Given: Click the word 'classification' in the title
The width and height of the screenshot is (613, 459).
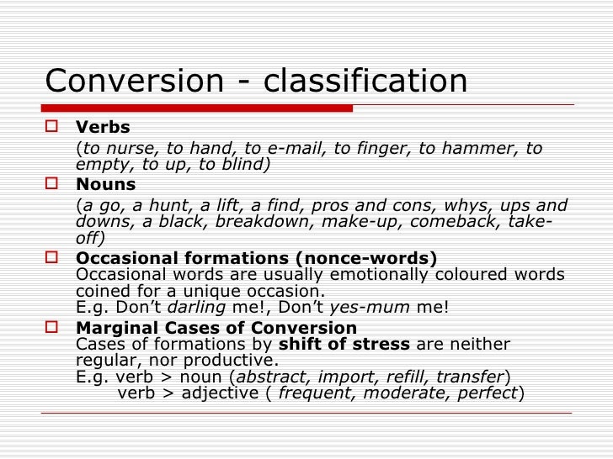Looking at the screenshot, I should [x=365, y=82].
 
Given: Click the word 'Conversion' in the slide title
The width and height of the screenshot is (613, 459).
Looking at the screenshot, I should [x=131, y=82].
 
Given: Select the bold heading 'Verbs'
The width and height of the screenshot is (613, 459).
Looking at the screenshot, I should [x=103, y=128].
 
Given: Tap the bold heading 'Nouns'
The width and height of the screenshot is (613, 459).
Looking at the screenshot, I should [x=105, y=184].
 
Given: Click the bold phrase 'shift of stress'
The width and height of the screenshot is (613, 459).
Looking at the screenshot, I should [x=344, y=345].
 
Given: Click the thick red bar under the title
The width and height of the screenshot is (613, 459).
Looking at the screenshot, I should [x=199, y=108].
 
